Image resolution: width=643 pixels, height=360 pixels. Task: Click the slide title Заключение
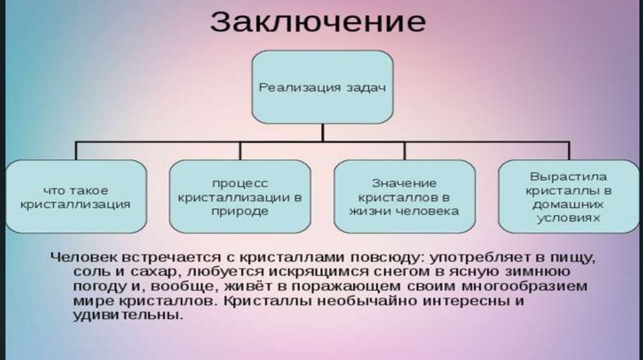pyautogui.click(x=318, y=22)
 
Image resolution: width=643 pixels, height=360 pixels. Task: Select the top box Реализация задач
pyautogui.click(x=322, y=87)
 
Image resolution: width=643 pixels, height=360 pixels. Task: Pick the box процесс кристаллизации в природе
pyautogui.click(x=239, y=196)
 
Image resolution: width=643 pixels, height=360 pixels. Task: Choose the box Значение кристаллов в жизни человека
pyautogui.click(x=404, y=196)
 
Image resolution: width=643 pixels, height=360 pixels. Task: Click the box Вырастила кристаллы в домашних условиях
pyautogui.click(x=568, y=196)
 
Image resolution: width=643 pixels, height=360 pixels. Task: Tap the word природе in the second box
pyautogui.click(x=239, y=211)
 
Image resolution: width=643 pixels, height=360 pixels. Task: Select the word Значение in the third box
pyautogui.click(x=404, y=183)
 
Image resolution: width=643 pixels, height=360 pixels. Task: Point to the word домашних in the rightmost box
pyautogui.click(x=568, y=204)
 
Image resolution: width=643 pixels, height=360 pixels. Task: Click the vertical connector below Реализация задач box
pyautogui.click(x=322, y=132)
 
